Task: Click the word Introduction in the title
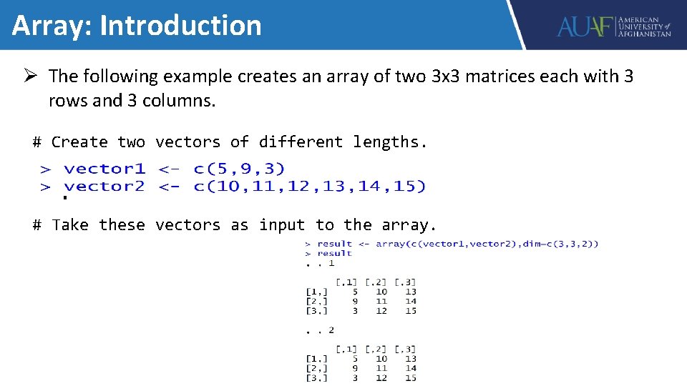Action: [x=180, y=26]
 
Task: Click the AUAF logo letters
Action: [x=585, y=26]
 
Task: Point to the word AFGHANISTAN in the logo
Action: [x=645, y=34]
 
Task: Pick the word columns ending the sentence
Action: [x=177, y=101]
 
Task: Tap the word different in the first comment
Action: [x=301, y=142]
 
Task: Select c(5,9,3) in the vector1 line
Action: [x=239, y=169]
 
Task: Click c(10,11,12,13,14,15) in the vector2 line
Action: [x=309, y=187]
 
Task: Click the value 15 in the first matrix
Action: [x=410, y=310]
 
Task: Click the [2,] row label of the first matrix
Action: [x=316, y=301]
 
